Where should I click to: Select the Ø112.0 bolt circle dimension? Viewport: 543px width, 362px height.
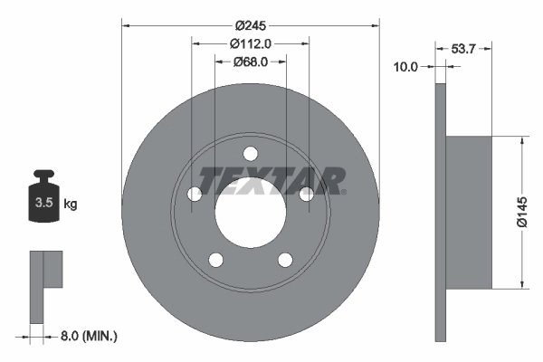(x=251, y=43)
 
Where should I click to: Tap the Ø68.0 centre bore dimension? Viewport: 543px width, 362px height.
(x=251, y=62)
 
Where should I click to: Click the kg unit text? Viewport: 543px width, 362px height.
(x=70, y=205)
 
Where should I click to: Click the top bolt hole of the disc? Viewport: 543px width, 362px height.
(x=251, y=152)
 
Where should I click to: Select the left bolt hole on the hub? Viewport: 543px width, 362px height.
(x=194, y=194)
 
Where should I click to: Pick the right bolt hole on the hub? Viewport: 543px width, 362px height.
(x=308, y=194)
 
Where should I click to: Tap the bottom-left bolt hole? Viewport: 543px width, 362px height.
(x=215, y=260)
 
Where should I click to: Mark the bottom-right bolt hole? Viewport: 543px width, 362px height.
(x=286, y=260)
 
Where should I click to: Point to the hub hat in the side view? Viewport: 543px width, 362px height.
(x=469, y=213)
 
